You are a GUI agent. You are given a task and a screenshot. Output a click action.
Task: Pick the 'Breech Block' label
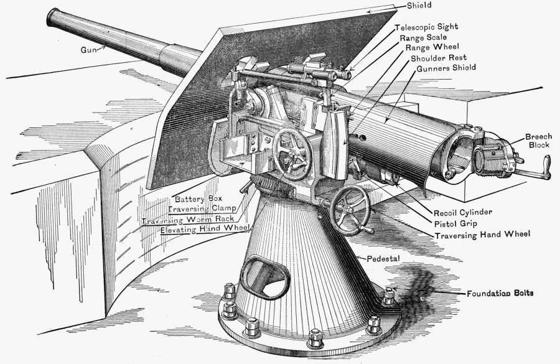538,141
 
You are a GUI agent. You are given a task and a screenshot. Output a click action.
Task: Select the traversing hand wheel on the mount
350,209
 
